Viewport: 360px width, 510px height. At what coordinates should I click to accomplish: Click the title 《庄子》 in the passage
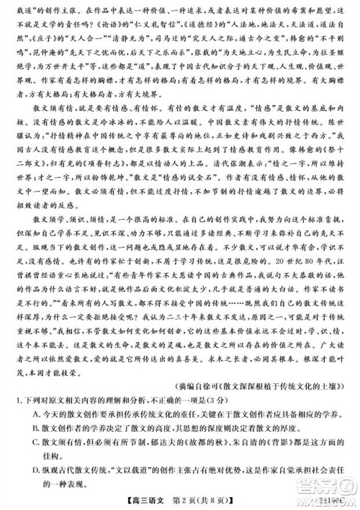tap(43, 35)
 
